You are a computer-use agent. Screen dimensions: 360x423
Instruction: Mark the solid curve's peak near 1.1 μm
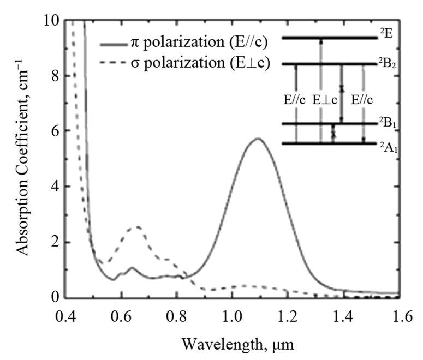[258, 139]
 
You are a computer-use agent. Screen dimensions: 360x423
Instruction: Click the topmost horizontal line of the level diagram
[330, 38]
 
